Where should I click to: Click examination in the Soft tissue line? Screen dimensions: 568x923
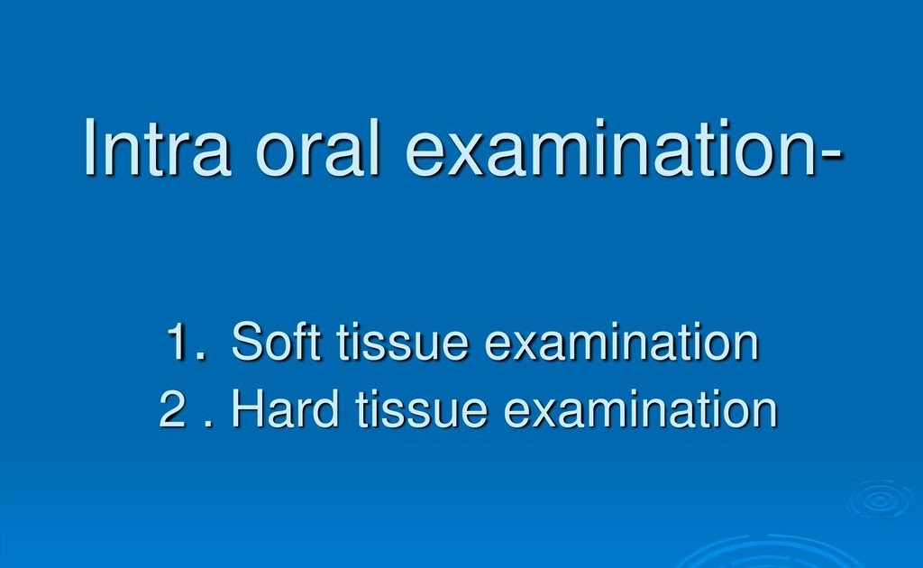pyautogui.click(x=621, y=344)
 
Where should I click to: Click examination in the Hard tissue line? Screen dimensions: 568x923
pyautogui.click(x=640, y=410)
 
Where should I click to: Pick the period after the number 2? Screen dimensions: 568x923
pyautogui.click(x=209, y=424)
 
